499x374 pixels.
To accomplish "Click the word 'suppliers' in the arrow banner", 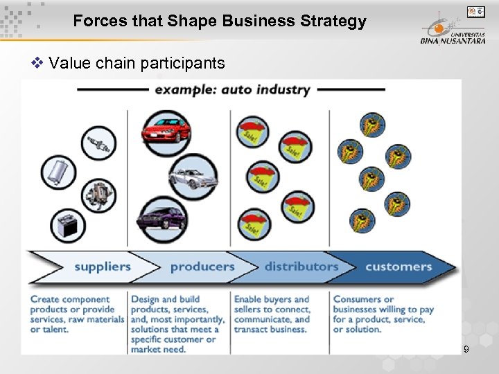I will pyautogui.click(x=103, y=267).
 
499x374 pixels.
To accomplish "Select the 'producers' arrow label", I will pyautogui.click(x=202, y=267).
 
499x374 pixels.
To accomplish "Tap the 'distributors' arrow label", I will pyautogui.click(x=301, y=267).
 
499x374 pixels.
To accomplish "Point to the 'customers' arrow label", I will pyautogui.click(x=399, y=267).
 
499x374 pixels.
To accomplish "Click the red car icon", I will pyautogui.click(x=165, y=128).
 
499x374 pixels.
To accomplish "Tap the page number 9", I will pyautogui.click(x=466, y=349).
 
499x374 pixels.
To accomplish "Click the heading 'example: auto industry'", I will pyautogui.click(x=232, y=89).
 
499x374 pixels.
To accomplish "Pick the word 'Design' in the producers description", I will pyautogui.click(x=145, y=300).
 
